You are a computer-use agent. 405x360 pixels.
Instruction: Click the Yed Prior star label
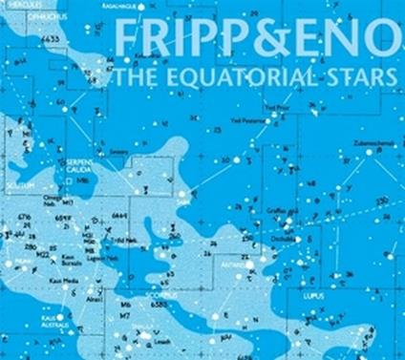point(274,108)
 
